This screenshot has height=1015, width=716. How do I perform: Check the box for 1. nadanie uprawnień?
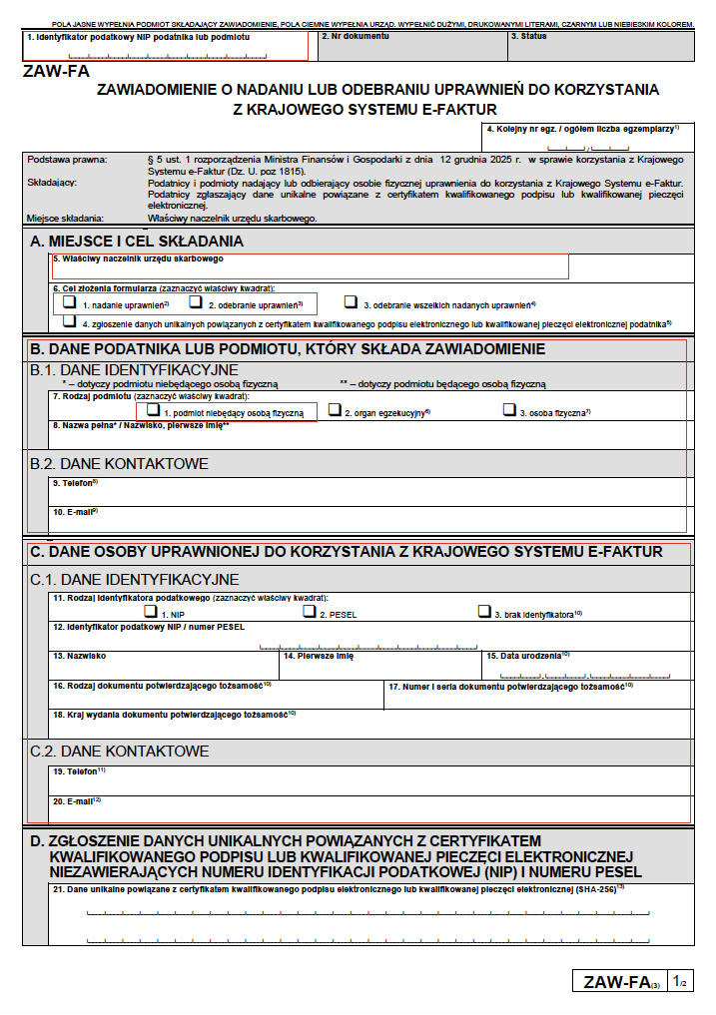[69, 301]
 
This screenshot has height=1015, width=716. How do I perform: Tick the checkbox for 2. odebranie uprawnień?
[196, 301]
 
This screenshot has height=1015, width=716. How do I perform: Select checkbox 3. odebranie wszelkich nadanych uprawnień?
[351, 301]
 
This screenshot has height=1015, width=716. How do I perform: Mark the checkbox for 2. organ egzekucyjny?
[336, 409]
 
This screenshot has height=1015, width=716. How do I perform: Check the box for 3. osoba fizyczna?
[509, 409]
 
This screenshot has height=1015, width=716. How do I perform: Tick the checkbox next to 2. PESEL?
[311, 612]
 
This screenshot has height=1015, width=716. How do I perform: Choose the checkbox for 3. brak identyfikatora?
[484, 612]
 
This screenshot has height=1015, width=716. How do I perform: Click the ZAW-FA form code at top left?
[50, 71]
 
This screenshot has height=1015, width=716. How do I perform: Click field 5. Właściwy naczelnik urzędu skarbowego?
[310, 267]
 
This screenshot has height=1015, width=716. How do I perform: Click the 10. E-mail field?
[369, 519]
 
